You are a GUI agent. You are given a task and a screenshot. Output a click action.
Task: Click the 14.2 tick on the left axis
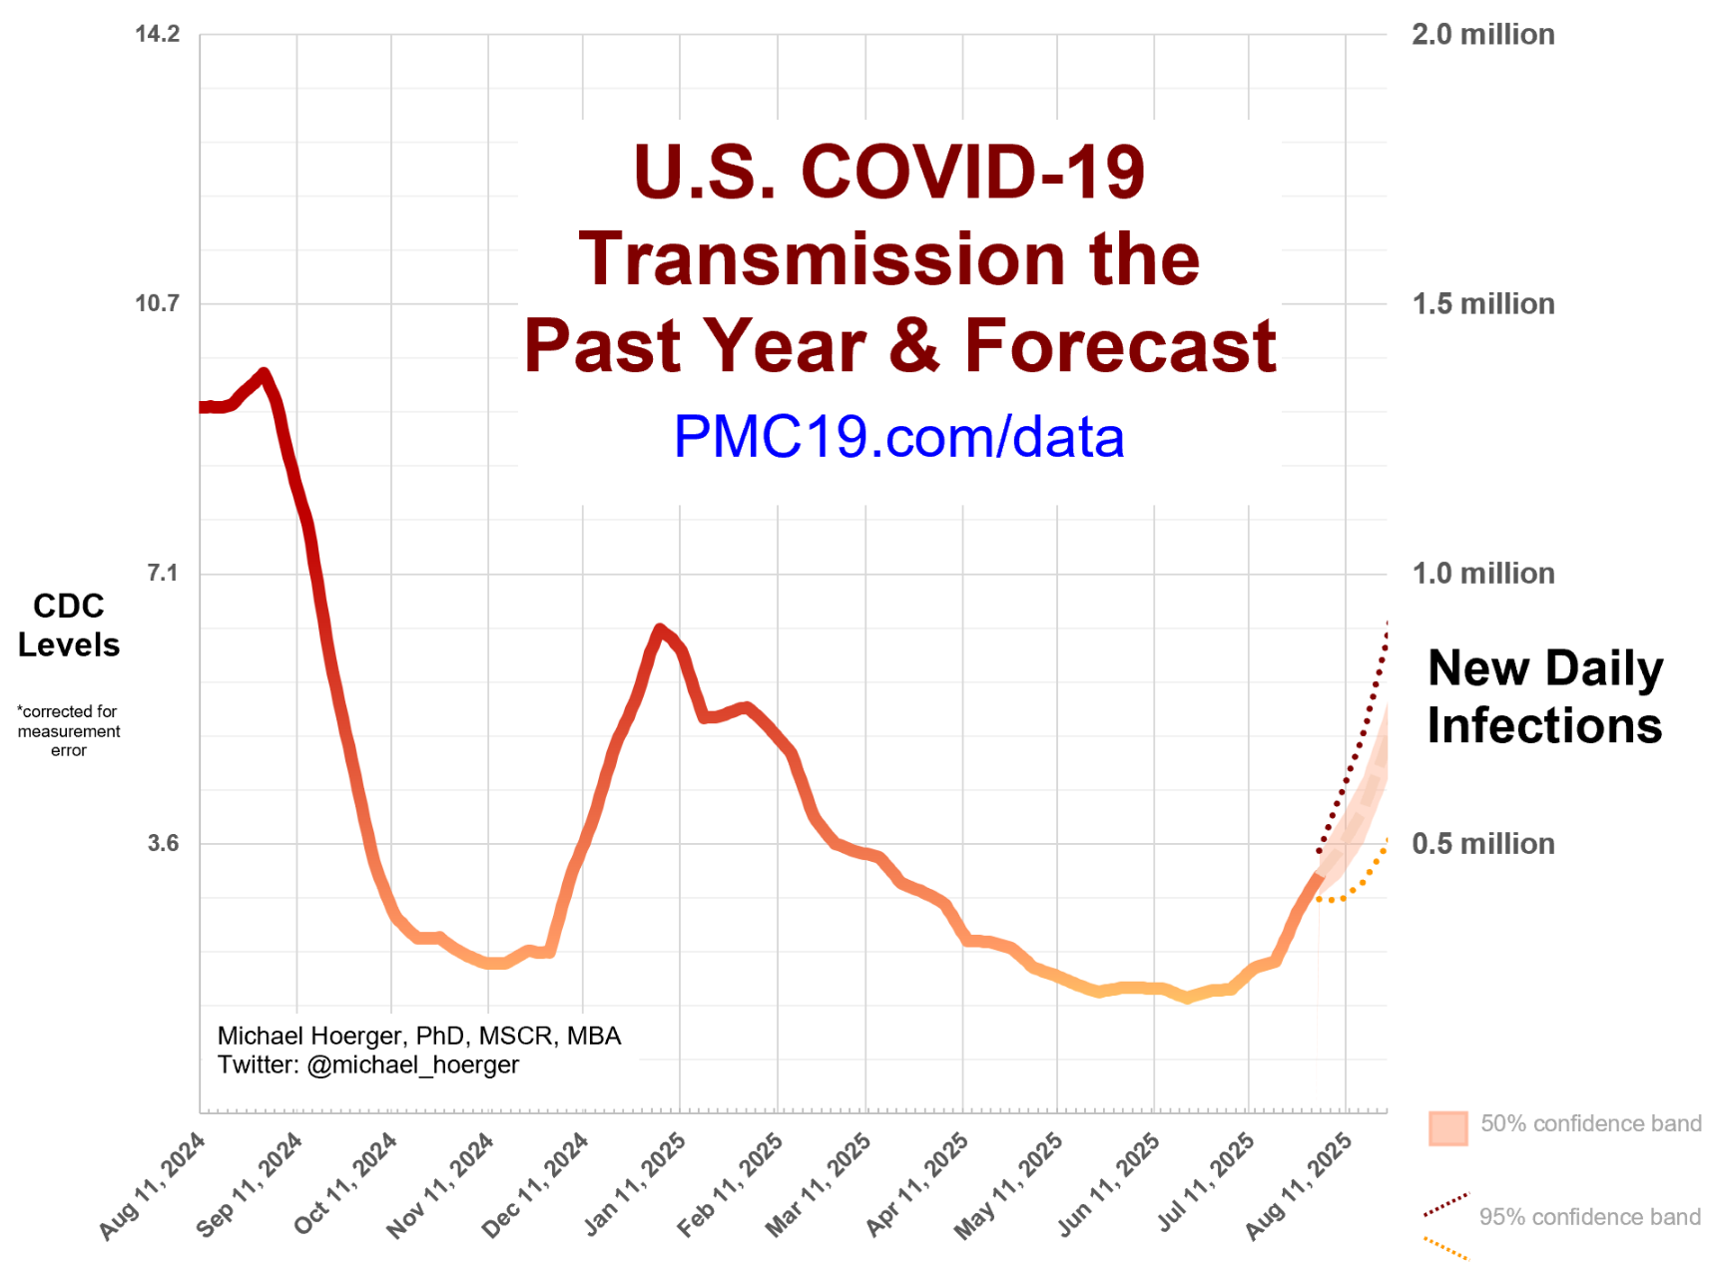(x=157, y=34)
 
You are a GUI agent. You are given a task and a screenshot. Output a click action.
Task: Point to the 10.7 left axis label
(x=157, y=303)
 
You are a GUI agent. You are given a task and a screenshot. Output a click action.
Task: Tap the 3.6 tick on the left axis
(x=163, y=843)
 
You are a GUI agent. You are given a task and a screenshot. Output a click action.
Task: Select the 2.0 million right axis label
(x=1482, y=34)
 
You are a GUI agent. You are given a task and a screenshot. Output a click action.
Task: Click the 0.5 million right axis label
(x=1482, y=844)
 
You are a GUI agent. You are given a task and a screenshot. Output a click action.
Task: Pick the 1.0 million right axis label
(x=1482, y=574)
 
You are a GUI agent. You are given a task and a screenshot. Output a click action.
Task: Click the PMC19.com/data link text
(x=898, y=437)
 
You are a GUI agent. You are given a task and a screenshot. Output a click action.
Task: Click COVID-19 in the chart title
(x=973, y=172)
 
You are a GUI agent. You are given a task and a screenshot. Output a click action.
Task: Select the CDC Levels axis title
(x=68, y=626)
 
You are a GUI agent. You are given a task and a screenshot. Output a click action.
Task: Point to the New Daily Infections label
(x=1544, y=696)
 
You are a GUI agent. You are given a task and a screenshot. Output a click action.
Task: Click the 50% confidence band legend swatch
(x=1447, y=1127)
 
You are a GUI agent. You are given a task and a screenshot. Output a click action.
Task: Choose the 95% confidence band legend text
(x=1589, y=1217)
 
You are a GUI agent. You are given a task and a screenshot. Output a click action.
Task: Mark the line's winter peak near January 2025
(x=659, y=630)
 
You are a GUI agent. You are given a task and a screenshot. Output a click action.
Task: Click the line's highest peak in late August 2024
(x=264, y=374)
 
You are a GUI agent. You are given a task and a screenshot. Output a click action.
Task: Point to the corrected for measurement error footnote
(x=68, y=731)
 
